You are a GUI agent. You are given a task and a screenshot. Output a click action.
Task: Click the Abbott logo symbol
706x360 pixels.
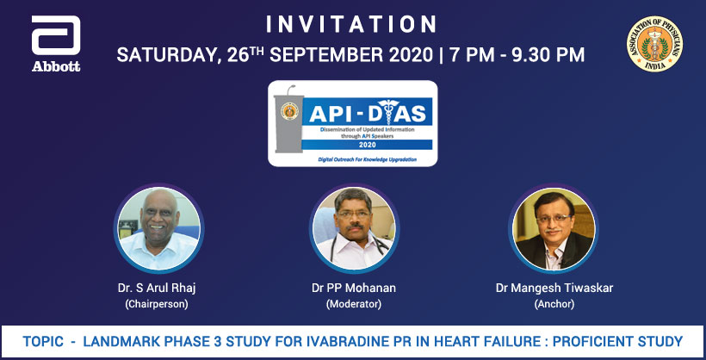(x=57, y=38)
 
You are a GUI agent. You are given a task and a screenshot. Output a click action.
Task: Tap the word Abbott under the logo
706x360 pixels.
(x=56, y=66)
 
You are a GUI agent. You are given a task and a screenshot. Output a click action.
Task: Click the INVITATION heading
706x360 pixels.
(x=351, y=23)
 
